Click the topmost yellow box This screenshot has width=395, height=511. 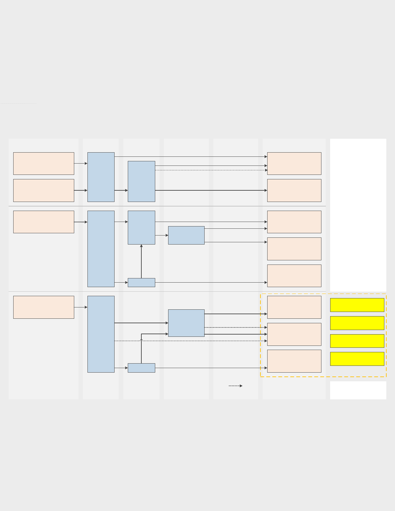coord(357,305)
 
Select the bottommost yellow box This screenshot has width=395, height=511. coord(357,359)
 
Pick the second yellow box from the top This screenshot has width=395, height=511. coord(357,323)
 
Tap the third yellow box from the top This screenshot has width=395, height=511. coord(357,341)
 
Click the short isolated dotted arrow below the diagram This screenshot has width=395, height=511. coord(235,386)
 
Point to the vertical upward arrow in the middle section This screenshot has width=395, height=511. coord(141,261)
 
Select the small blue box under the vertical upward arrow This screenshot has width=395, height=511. coord(141,283)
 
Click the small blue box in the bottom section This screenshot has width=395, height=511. coord(141,368)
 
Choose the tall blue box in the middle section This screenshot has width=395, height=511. coord(101,249)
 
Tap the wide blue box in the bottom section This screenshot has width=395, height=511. coord(186,323)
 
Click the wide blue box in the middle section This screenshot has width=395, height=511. coord(186,235)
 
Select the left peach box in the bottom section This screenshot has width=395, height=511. coord(44,307)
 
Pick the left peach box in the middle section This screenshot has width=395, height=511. coord(44,222)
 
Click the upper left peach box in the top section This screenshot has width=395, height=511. coord(44,164)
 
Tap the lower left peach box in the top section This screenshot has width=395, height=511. coord(44,190)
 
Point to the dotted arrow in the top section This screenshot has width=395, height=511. coord(211,170)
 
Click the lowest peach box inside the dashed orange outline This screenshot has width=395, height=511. coord(294,361)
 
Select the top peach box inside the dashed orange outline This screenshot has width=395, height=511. coord(294,307)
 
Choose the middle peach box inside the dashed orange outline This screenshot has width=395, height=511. coord(294,334)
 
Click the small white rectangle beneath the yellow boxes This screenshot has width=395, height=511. coord(358,390)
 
